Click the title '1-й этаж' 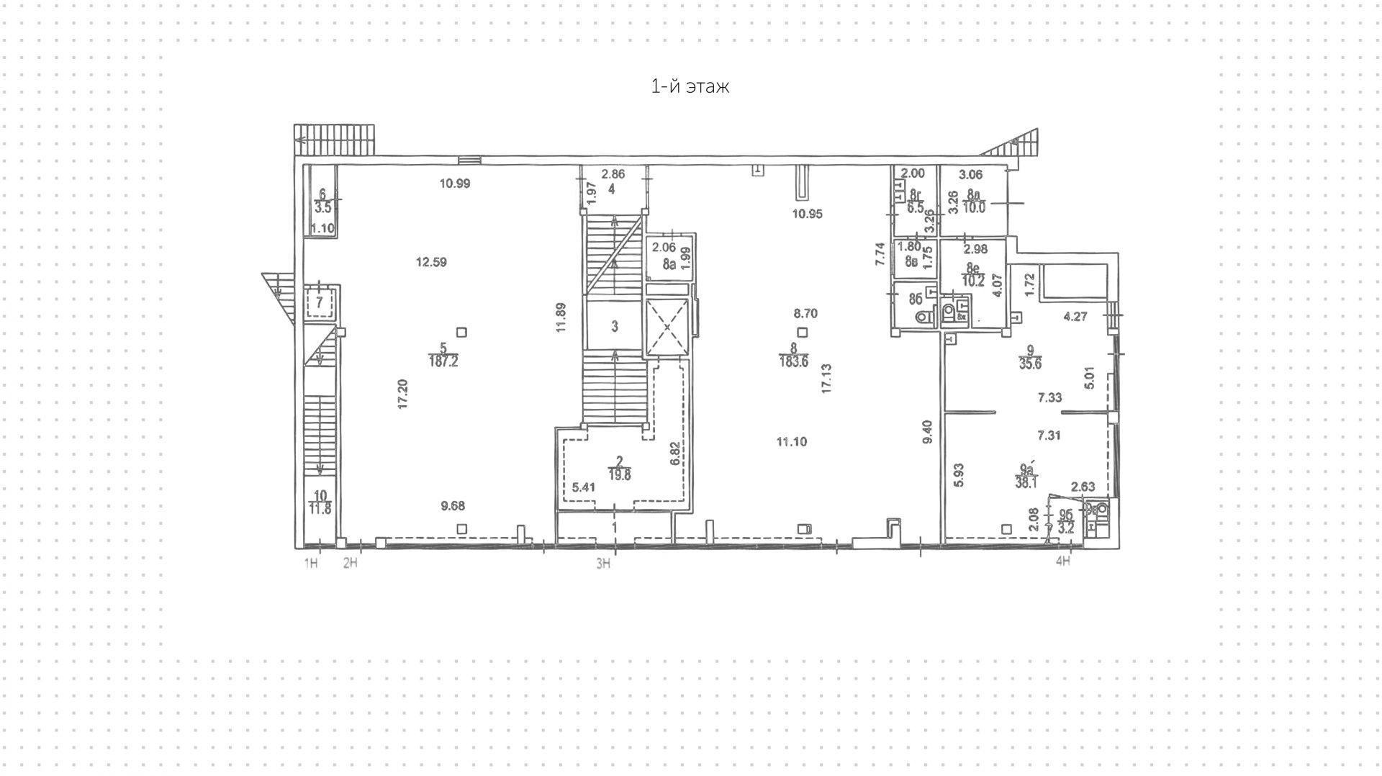coord(690,87)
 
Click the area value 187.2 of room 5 coord(443,362)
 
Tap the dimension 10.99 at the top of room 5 coord(455,184)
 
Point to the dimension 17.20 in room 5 coord(403,394)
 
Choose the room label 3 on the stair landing coord(615,327)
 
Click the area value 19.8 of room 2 coord(618,474)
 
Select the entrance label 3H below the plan coord(603,564)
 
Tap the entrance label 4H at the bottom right coord(1062,561)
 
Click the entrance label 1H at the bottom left coord(311,564)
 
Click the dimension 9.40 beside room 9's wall coord(928,431)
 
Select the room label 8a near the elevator coord(669,264)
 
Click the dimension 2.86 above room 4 coord(613,174)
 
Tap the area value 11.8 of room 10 coord(320,510)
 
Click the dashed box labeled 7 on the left coord(319,302)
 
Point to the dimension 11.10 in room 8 coord(791,442)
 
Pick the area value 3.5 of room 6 coord(322,208)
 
